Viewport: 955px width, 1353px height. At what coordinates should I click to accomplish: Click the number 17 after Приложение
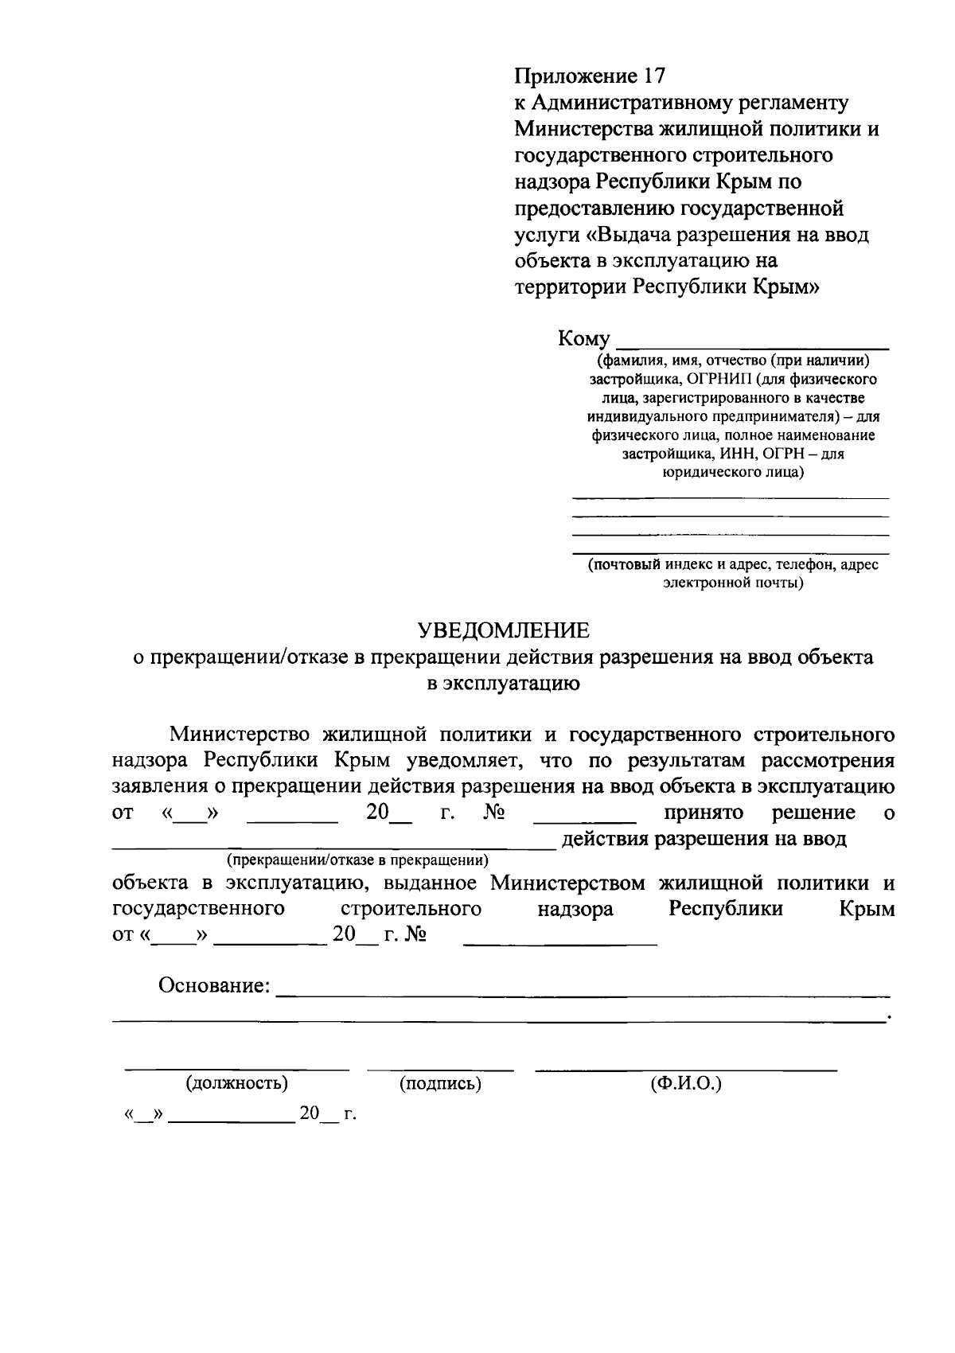(x=650, y=76)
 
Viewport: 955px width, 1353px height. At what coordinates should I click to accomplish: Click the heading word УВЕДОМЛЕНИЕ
(x=505, y=631)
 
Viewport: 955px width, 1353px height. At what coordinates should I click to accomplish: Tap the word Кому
(x=583, y=339)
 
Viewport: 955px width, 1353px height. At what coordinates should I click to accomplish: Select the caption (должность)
(x=236, y=1083)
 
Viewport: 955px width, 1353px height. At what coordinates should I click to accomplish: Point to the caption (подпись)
(x=440, y=1083)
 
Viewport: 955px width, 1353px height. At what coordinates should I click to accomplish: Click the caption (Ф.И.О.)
(x=685, y=1083)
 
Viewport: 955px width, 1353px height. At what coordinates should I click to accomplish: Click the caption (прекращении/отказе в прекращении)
(x=357, y=860)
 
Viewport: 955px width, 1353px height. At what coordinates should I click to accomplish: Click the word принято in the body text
(x=704, y=813)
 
